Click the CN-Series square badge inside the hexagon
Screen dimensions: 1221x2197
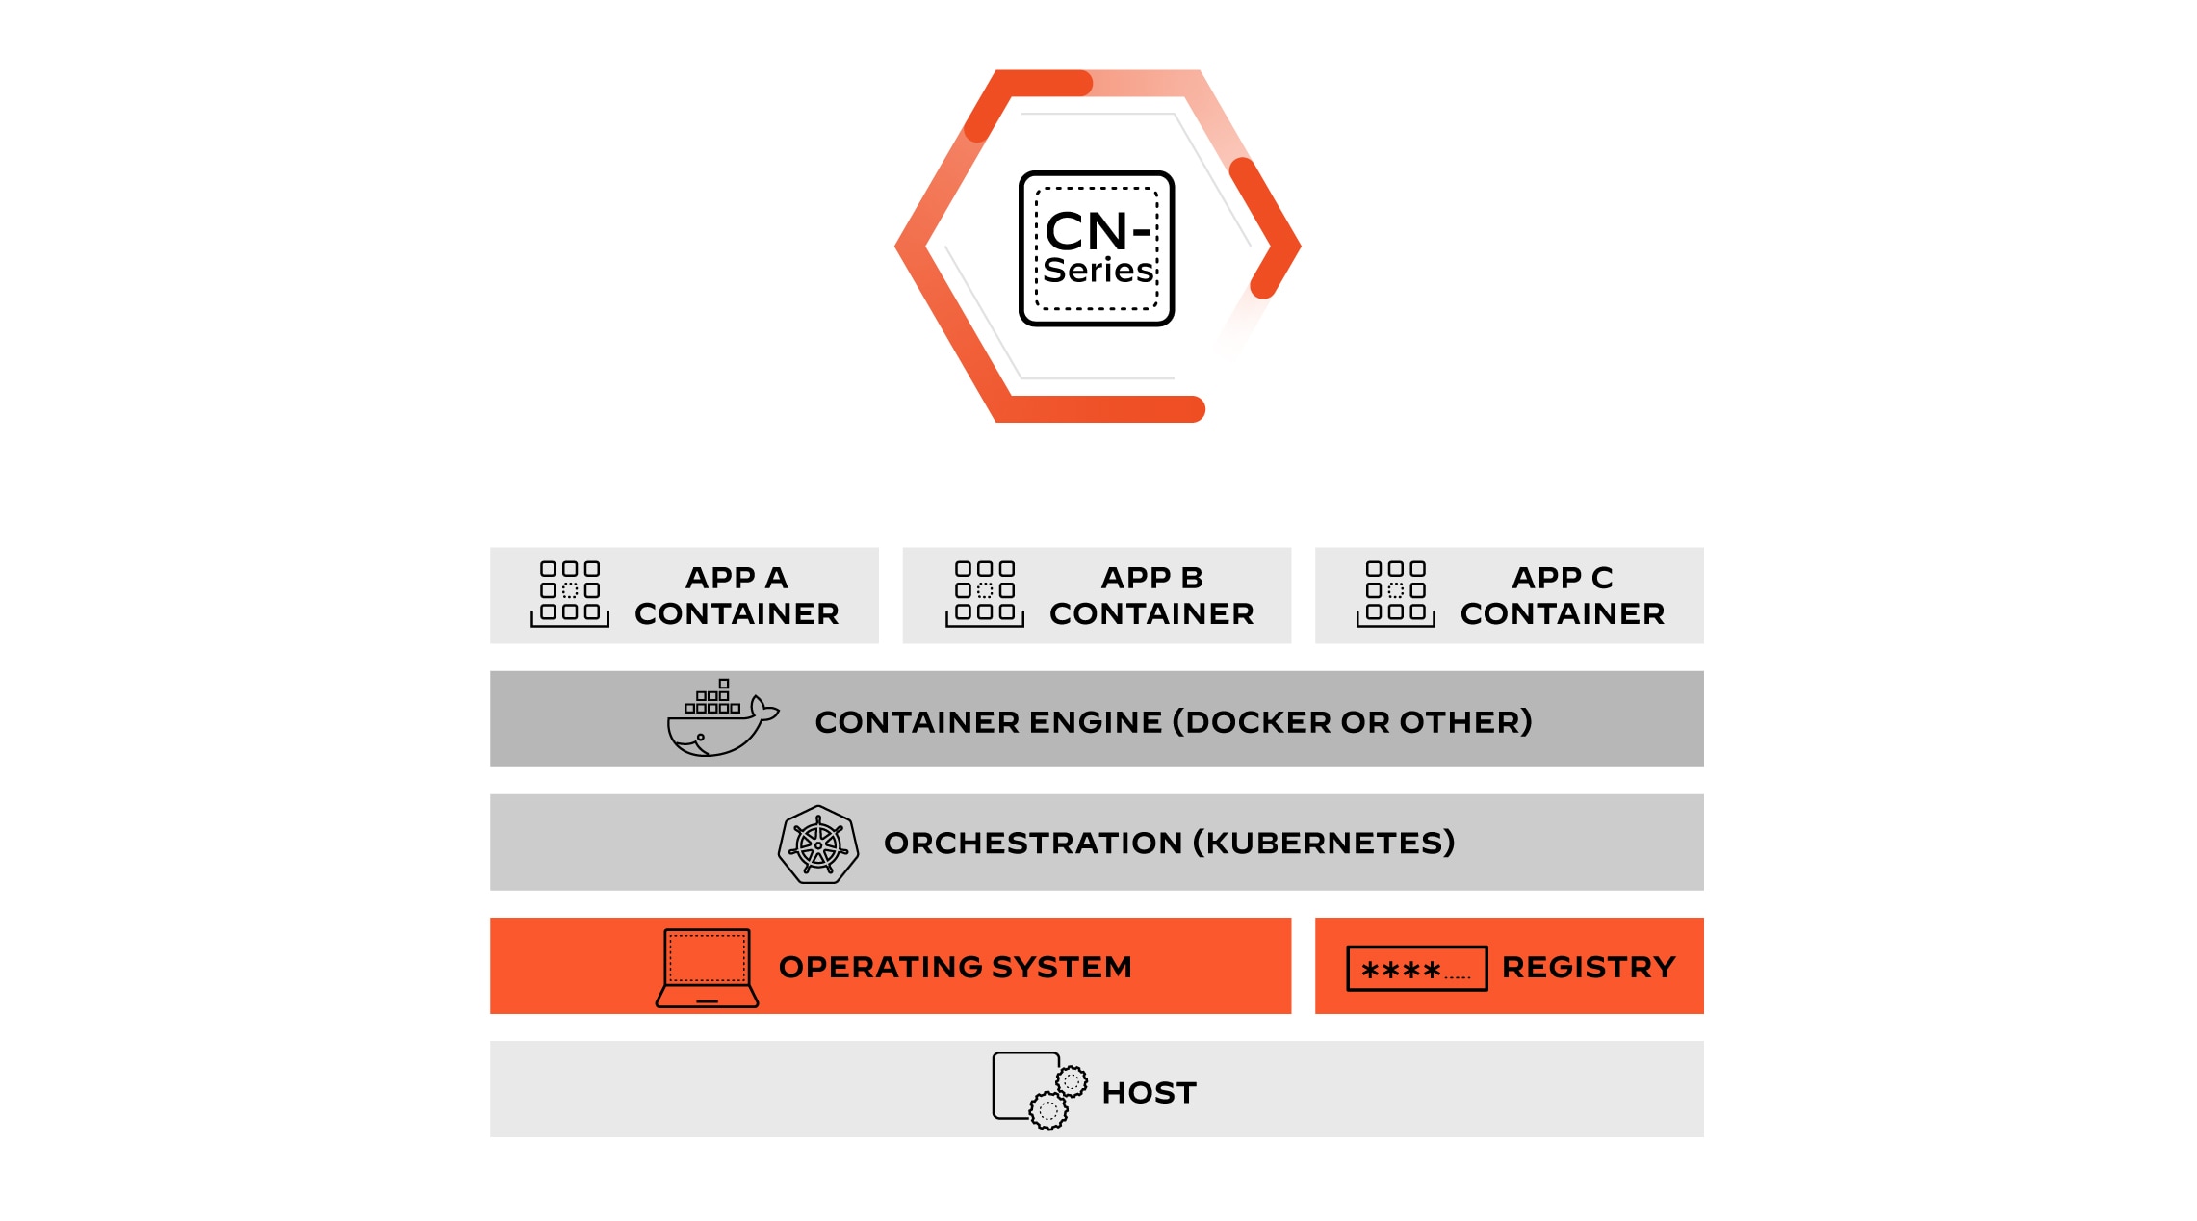(1096, 248)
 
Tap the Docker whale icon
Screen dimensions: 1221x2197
(720, 722)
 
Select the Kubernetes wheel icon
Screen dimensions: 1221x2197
(818, 844)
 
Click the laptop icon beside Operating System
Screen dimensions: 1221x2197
(707, 968)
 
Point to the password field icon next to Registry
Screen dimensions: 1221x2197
(1416, 969)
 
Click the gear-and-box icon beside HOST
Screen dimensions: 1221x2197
(1039, 1090)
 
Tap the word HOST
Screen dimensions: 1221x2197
(1149, 1093)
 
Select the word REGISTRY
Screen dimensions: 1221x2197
(1589, 967)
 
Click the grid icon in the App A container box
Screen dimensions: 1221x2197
(570, 593)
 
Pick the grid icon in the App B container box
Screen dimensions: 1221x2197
(985, 593)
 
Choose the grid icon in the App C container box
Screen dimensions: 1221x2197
(1396, 593)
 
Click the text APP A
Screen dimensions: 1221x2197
(737, 578)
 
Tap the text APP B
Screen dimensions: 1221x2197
(1151, 578)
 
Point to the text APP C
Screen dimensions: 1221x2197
(1562, 578)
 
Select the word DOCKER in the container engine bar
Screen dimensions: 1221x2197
(1260, 722)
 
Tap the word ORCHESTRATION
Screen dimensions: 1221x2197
(1032, 844)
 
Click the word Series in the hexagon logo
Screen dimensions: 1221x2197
(1098, 271)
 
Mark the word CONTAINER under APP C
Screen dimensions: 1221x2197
(1562, 614)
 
